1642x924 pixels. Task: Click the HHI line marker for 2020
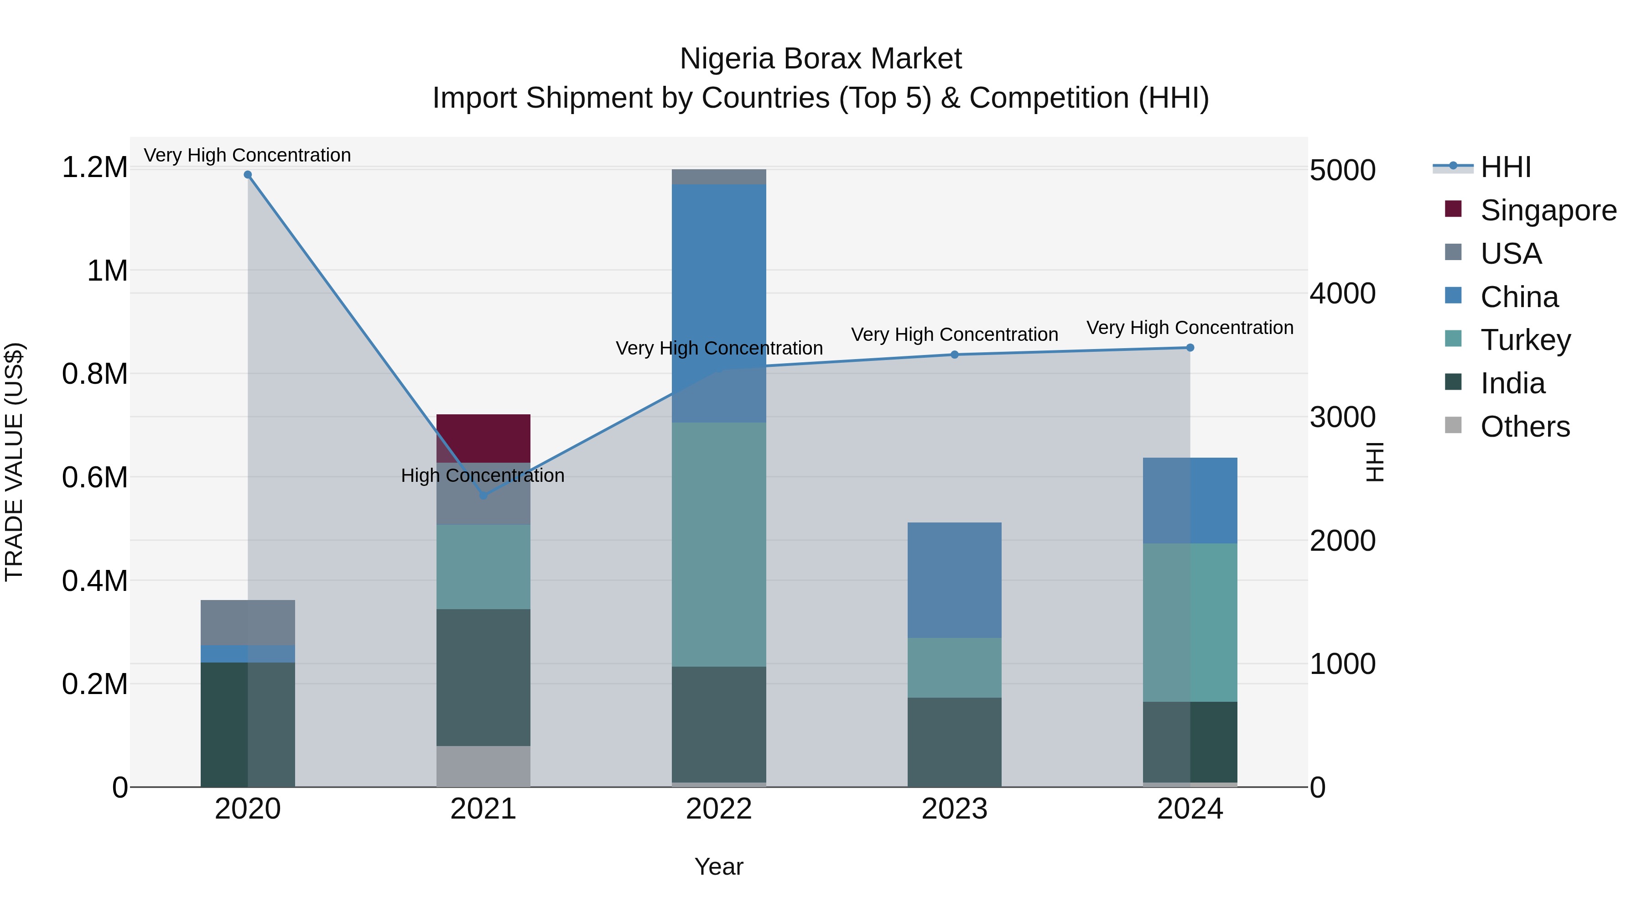248,175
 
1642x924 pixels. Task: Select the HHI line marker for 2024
1190,348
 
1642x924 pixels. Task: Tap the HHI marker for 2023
954,355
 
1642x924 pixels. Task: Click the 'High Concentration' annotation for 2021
483,476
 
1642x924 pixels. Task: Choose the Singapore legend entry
1548,210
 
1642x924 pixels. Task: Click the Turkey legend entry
1525,340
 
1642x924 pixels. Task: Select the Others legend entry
1525,427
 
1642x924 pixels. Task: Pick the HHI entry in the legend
1506,167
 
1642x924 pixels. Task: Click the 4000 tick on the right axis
1342,294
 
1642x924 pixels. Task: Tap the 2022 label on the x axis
718,809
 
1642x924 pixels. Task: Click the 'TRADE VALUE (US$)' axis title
14,462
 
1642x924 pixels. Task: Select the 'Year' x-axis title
718,867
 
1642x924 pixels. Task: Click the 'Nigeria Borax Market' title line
821,59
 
